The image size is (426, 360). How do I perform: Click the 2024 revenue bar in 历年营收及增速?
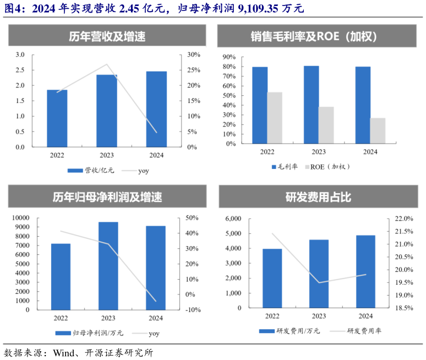tap(156, 110)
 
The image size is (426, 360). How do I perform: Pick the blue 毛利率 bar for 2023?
tap(311, 105)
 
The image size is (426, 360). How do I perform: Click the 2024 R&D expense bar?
tap(365, 272)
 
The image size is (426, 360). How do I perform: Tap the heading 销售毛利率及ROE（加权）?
tap(318, 37)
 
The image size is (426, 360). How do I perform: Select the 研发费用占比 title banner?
tap(318, 197)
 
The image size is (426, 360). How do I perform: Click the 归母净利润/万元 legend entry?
tap(90, 333)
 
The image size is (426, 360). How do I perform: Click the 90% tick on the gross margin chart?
tap(228, 57)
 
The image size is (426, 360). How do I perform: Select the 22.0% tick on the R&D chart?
tap(403, 219)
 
